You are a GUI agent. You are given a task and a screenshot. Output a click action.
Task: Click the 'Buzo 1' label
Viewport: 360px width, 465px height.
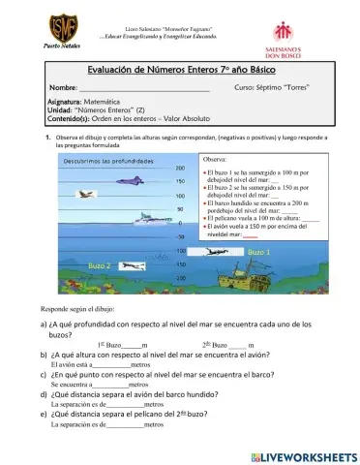(x=259, y=252)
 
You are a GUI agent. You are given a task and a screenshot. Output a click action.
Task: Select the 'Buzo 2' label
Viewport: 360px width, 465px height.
(x=100, y=264)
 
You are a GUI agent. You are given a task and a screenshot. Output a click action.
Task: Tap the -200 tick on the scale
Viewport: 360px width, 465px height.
(x=180, y=278)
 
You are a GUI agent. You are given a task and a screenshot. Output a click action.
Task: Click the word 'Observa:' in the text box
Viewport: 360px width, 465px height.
(x=217, y=158)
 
